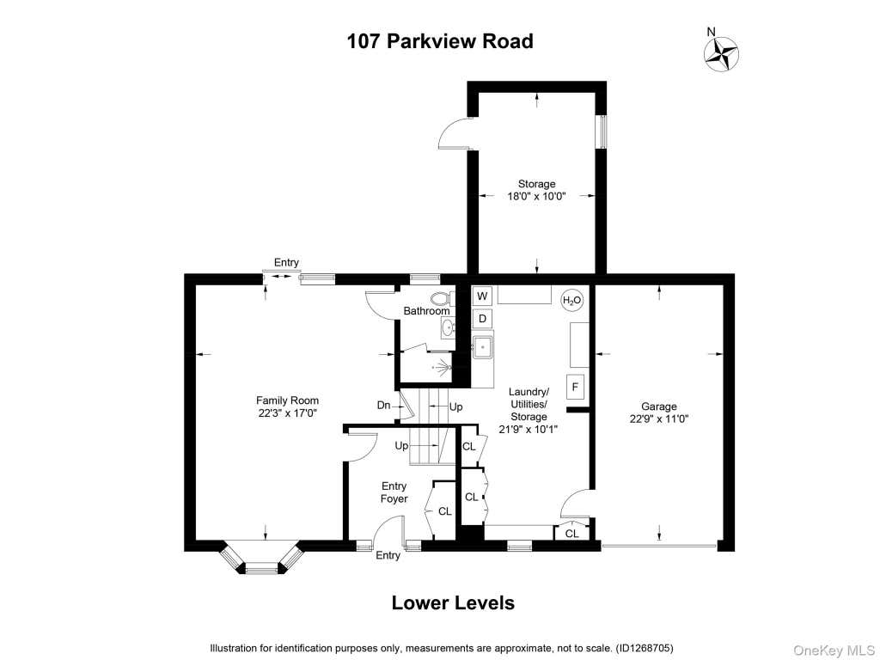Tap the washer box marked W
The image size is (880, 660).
tap(482, 296)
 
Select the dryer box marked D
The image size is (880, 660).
tap(482, 319)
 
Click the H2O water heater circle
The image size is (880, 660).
tap(571, 300)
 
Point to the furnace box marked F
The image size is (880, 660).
tap(575, 387)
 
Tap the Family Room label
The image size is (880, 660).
tap(287, 400)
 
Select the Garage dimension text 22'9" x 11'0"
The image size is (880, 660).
tap(659, 419)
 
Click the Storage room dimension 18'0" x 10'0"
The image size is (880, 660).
tap(536, 197)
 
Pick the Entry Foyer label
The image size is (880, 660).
tap(394, 492)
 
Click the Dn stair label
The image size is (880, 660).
tap(383, 406)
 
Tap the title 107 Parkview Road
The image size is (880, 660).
tap(440, 41)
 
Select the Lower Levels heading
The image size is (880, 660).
tap(453, 602)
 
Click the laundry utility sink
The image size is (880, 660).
tap(483, 347)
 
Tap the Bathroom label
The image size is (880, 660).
tap(426, 311)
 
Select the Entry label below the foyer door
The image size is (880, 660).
tap(388, 555)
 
